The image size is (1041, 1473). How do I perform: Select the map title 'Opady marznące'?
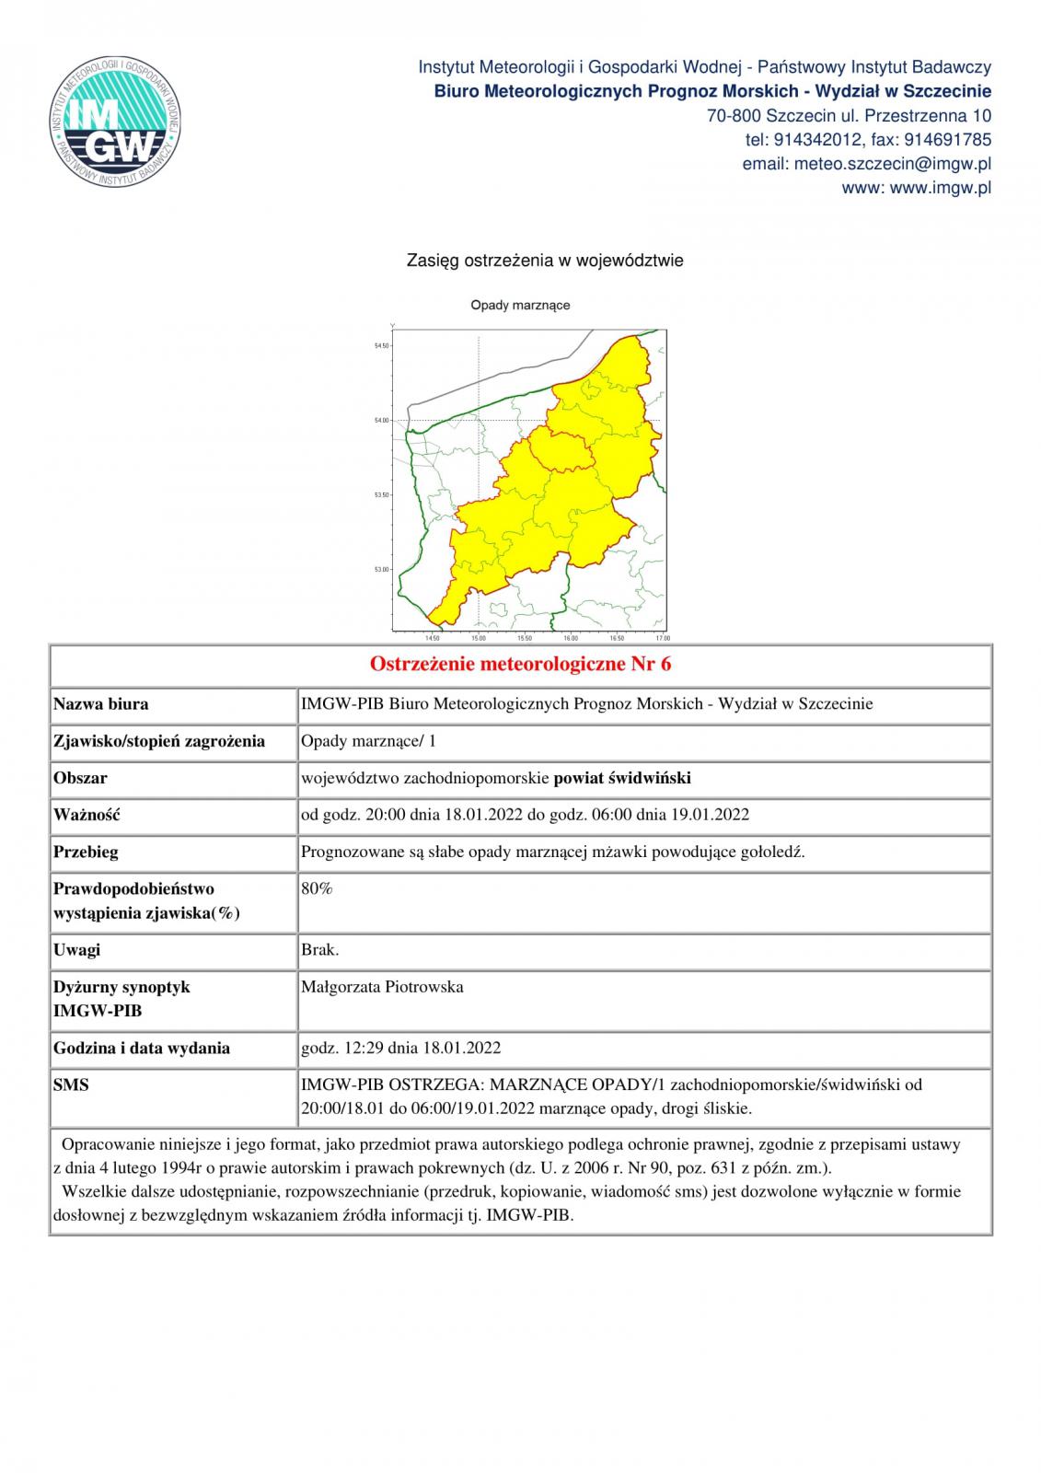tap(520, 305)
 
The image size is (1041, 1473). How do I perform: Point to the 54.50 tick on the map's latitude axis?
tap(380, 346)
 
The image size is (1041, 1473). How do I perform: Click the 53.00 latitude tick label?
tap(380, 570)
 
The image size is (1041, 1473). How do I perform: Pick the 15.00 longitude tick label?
tap(479, 638)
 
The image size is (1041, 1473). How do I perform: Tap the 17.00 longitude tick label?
tap(662, 638)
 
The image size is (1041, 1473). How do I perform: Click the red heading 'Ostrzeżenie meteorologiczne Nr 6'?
tap(520, 664)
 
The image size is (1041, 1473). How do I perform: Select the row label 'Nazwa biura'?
tap(101, 704)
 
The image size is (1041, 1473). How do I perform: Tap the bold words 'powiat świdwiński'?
tap(622, 778)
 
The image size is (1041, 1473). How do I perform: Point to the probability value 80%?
tap(317, 888)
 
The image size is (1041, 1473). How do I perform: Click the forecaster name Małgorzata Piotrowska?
tap(382, 987)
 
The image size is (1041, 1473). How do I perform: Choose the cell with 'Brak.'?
tap(319, 950)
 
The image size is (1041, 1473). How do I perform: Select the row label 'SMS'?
tap(71, 1085)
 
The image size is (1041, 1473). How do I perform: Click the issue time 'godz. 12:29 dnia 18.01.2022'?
tap(400, 1048)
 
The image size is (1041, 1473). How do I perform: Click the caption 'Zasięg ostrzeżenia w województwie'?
tap(545, 261)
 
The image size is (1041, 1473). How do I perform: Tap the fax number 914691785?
tap(948, 140)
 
